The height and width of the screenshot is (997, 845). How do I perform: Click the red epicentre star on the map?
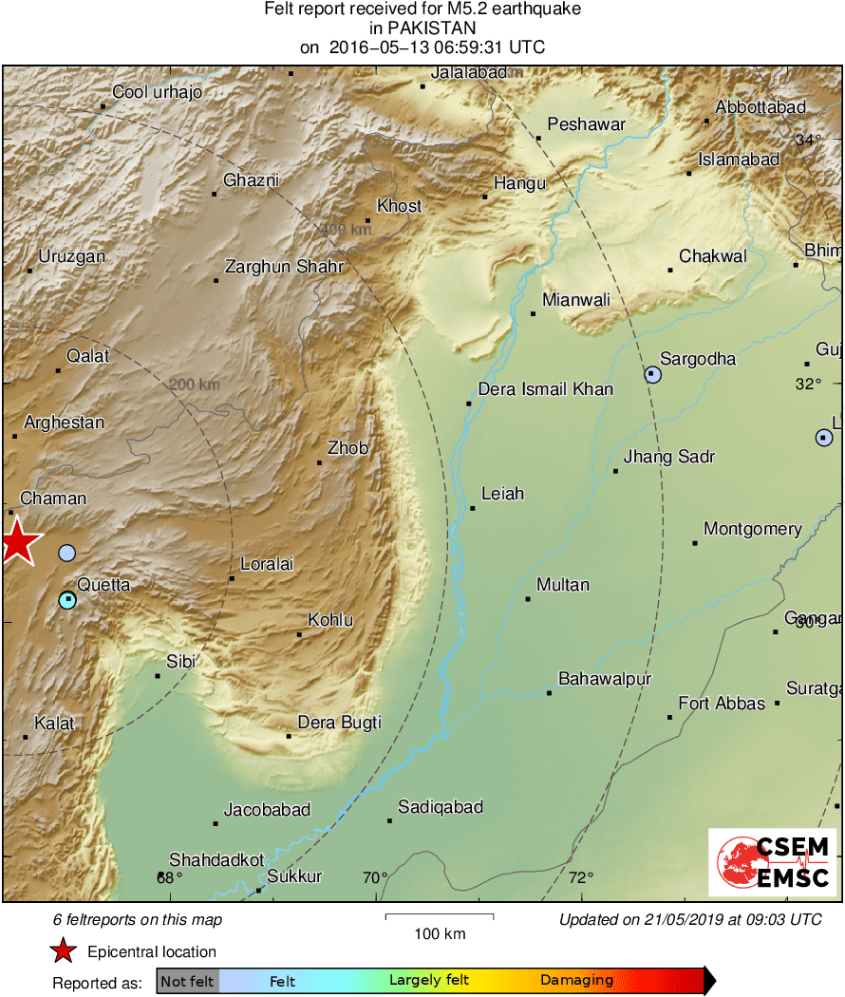point(18,545)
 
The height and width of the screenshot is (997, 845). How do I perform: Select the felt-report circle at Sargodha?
point(653,374)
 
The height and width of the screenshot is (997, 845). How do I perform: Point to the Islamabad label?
point(739,160)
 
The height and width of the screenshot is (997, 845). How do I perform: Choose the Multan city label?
point(563,585)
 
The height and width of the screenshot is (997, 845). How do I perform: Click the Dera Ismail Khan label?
point(545,389)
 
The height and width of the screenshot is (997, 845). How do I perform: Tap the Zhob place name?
point(347,448)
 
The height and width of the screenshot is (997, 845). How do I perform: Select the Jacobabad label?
point(267,810)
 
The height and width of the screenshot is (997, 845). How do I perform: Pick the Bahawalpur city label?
point(605,679)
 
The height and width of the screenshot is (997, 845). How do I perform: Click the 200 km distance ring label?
point(195,385)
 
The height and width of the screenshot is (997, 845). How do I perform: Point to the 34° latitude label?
point(808,141)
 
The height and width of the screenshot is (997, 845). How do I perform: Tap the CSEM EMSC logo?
point(772,862)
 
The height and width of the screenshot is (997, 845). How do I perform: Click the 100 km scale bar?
point(440,916)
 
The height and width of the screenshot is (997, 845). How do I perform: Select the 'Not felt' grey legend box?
point(187,981)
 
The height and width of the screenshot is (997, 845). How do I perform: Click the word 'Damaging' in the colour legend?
point(576,981)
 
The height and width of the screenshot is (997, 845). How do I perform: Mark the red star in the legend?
point(63,951)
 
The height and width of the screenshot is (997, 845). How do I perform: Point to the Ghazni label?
point(251,180)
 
